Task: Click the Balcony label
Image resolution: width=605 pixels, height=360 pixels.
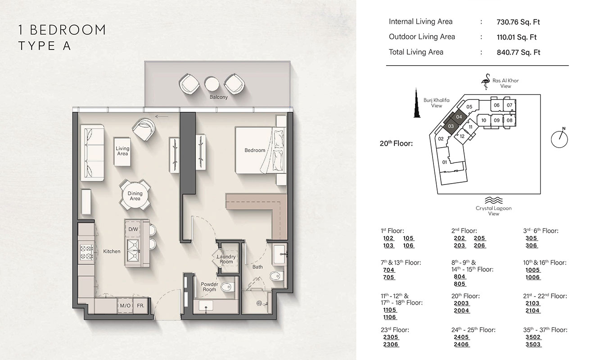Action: pyautogui.click(x=218, y=97)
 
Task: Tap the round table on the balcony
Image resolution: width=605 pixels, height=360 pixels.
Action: pyautogui.click(x=212, y=83)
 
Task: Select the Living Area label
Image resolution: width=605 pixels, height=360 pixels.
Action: pyautogui.click(x=122, y=151)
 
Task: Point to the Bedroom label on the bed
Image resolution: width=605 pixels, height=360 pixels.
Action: pyautogui.click(x=255, y=150)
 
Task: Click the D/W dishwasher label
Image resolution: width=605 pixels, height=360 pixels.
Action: pyautogui.click(x=133, y=229)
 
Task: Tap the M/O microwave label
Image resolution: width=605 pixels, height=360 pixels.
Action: pyautogui.click(x=125, y=306)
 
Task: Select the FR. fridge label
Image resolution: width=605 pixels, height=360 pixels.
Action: pyautogui.click(x=141, y=306)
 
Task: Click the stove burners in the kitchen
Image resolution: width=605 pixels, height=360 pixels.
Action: pyautogui.click(x=86, y=252)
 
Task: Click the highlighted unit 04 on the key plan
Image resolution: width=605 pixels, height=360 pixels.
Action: pyautogui.click(x=459, y=117)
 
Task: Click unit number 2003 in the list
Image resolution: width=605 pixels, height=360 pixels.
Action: pyautogui.click(x=461, y=304)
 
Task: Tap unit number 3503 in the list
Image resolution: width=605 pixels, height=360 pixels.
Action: pyautogui.click(x=533, y=344)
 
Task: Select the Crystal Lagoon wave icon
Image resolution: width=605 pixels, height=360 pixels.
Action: pyautogui.click(x=493, y=200)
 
